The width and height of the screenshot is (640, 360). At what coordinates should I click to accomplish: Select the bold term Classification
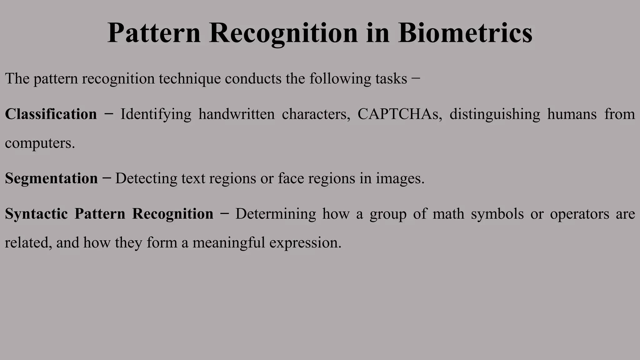pyautogui.click(x=51, y=114)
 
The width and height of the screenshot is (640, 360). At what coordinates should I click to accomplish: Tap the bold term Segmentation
pyautogui.click(x=51, y=178)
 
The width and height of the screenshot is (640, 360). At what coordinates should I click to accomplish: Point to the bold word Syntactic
pyautogui.click(x=36, y=214)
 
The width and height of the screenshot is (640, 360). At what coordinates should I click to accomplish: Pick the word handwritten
pyautogui.click(x=237, y=114)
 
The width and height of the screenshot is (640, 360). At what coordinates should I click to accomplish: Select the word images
pyautogui.click(x=400, y=178)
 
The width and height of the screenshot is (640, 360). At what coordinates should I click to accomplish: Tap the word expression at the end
pyautogui.click(x=305, y=242)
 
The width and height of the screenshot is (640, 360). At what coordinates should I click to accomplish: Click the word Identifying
pyautogui.click(x=156, y=114)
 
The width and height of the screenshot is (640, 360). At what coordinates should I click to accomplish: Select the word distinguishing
pyautogui.click(x=495, y=114)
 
